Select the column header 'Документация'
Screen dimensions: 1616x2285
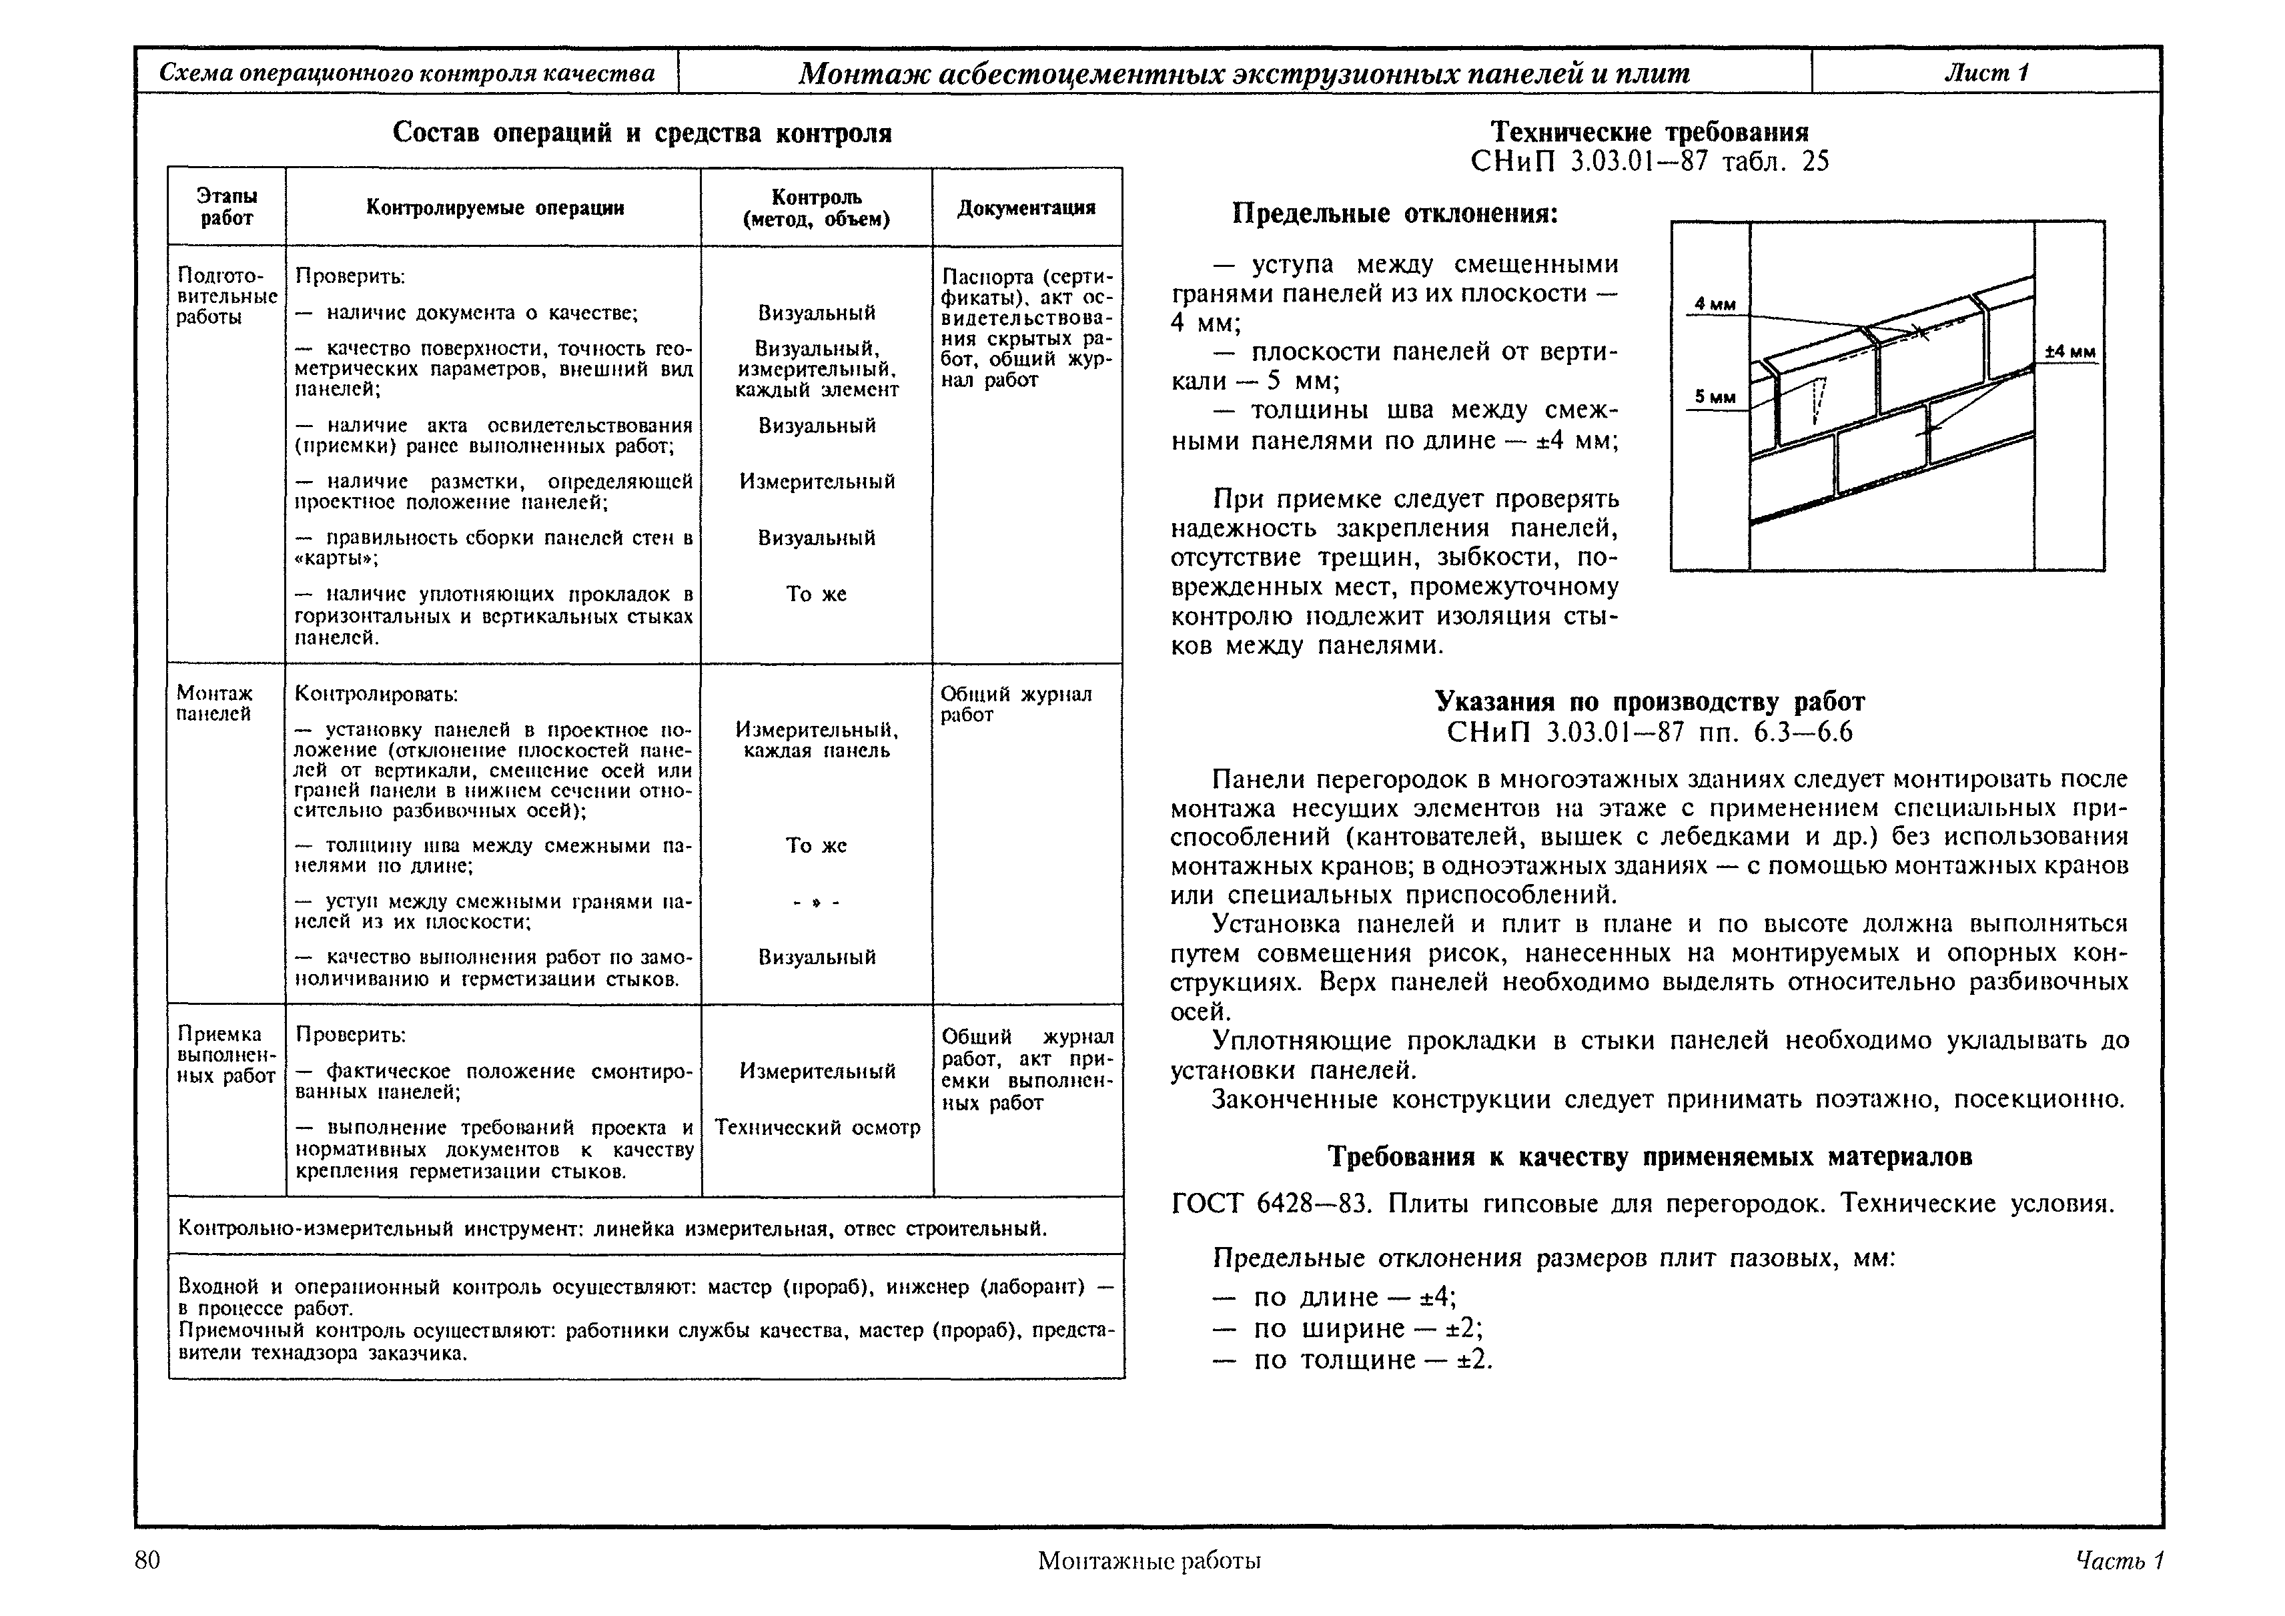(1026, 207)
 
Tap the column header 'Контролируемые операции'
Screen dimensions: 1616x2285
(494, 207)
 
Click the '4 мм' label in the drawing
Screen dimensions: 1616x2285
(1715, 304)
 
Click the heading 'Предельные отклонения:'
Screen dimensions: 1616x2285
(1394, 214)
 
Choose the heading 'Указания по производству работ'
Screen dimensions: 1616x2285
(1649, 701)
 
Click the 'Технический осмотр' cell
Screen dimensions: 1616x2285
(817, 1128)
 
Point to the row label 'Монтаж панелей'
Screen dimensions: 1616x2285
(214, 703)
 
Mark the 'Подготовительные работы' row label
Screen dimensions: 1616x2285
(226, 296)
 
